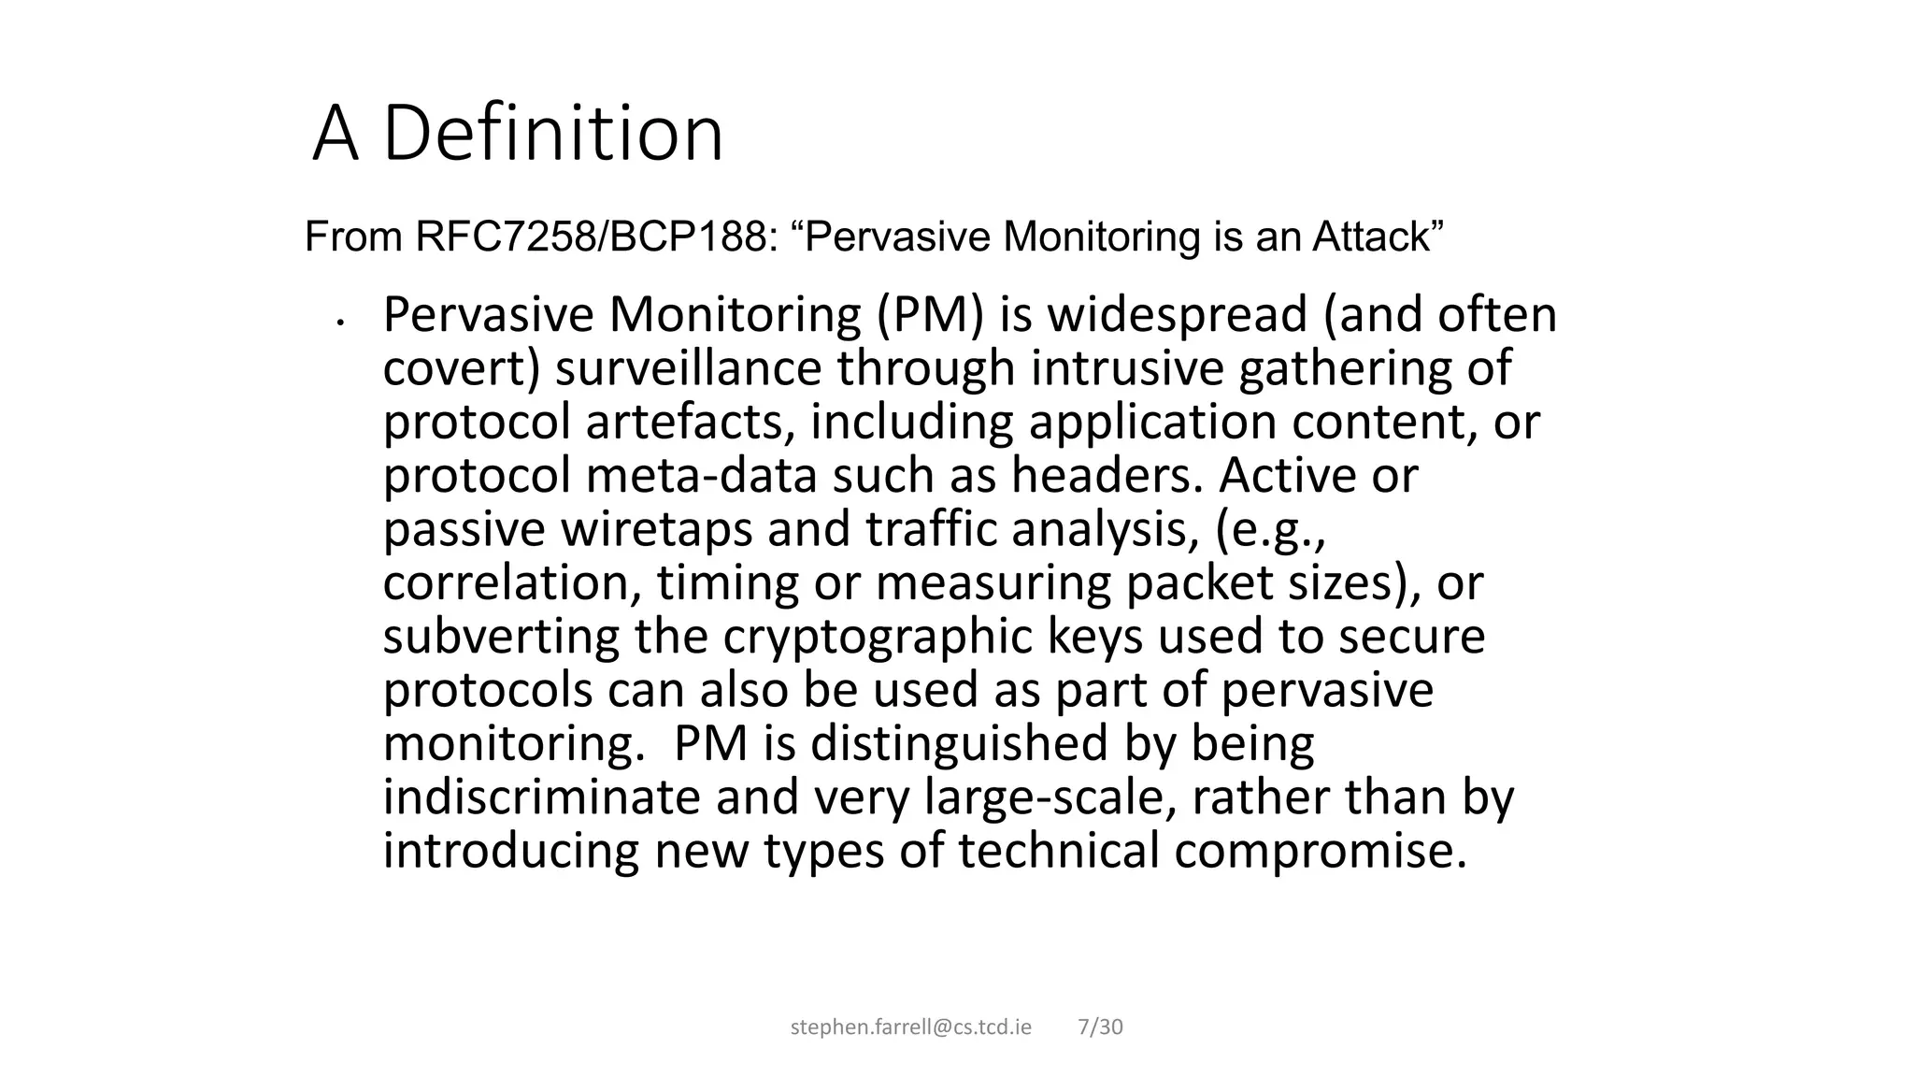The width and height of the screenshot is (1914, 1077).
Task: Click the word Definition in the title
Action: pos(552,134)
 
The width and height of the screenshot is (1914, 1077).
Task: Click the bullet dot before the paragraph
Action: pos(341,323)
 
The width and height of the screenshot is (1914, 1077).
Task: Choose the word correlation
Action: pos(512,583)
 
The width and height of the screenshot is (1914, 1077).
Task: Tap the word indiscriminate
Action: pos(541,797)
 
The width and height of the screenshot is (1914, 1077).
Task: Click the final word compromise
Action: pos(1320,852)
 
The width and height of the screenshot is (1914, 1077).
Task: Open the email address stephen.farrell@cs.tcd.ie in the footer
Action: pos(911,1027)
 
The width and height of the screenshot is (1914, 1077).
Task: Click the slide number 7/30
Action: pos(1100,1027)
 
